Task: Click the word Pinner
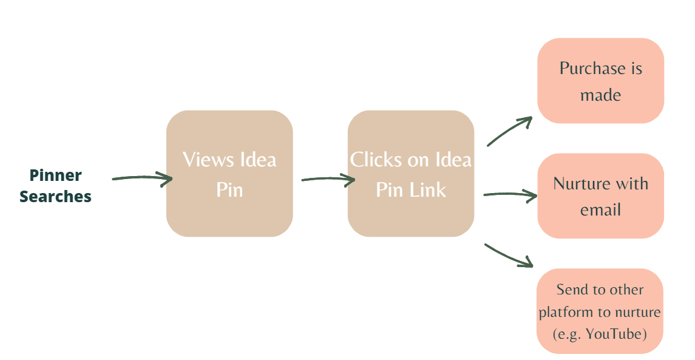pyautogui.click(x=55, y=175)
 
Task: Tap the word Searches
pyautogui.click(x=55, y=197)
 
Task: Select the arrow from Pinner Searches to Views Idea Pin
pyautogui.click(x=142, y=178)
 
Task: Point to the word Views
pyautogui.click(x=209, y=160)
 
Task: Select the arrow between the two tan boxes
pyautogui.click(x=328, y=179)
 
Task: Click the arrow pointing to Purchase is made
pyautogui.click(x=510, y=131)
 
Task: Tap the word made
pyautogui.click(x=600, y=95)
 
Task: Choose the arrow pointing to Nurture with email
pyautogui.click(x=510, y=195)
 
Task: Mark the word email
pyautogui.click(x=600, y=210)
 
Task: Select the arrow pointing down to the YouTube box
pyautogui.click(x=509, y=255)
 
